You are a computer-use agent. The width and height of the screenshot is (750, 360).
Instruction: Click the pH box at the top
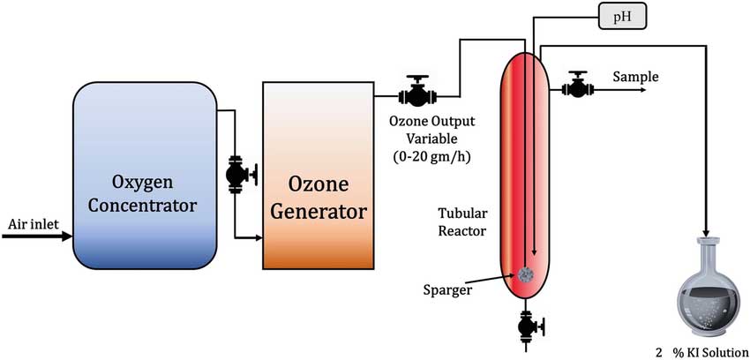[624, 15]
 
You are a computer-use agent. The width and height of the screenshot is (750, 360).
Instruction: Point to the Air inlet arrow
[40, 236]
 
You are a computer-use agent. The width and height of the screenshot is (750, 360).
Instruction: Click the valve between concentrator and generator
[236, 174]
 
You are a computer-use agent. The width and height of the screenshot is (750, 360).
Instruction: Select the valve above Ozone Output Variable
[416, 91]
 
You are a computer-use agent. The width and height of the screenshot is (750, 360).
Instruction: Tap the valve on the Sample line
[579, 86]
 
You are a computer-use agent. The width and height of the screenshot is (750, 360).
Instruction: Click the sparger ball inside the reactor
[529, 275]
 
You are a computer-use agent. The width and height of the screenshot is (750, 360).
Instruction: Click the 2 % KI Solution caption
[696, 351]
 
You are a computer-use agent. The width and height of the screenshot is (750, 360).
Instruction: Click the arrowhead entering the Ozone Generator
[258, 236]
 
